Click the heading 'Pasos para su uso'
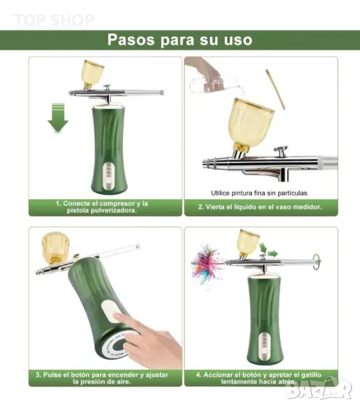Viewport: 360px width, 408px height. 180,40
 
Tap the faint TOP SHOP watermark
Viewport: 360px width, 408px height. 54,20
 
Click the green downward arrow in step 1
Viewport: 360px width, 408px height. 58,118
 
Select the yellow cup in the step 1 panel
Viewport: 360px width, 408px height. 92,73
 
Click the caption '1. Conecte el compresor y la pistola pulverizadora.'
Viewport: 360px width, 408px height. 102,207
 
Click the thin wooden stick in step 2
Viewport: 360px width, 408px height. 275,89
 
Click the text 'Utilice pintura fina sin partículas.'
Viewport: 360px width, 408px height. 259,193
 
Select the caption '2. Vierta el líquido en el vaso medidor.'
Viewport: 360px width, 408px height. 260,207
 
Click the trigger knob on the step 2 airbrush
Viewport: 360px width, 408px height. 281,152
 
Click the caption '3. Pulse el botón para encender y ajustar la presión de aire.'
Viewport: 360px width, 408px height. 102,378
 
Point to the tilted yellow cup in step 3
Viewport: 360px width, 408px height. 56,248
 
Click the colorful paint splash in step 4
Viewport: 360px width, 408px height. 207,263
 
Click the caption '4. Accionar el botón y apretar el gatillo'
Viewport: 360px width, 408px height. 259,375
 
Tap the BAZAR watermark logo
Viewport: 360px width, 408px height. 319,389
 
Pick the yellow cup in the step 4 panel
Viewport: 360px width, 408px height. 249,242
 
